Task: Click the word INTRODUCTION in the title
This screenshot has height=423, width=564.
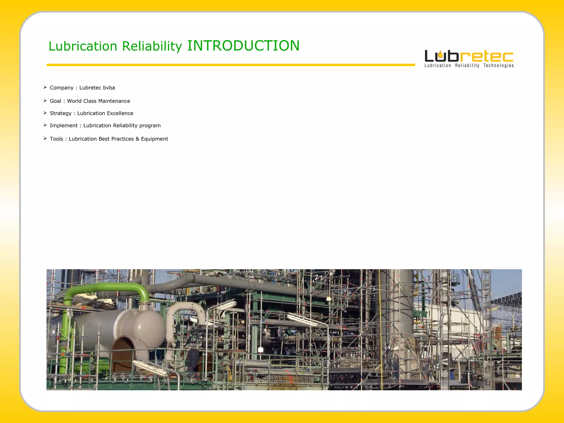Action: click(x=243, y=46)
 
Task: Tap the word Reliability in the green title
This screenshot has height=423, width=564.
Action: click(x=152, y=46)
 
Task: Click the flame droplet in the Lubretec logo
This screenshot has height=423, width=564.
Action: click(x=441, y=55)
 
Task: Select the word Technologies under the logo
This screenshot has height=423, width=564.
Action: click(x=498, y=66)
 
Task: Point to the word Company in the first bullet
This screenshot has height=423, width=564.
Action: click(x=61, y=88)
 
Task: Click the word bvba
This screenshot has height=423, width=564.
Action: click(x=109, y=88)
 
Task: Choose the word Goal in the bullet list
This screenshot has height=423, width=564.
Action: click(x=55, y=101)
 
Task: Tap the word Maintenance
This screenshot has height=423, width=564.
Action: click(x=114, y=101)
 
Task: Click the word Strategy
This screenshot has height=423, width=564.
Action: click(x=61, y=113)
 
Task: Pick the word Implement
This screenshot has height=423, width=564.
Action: click(x=64, y=126)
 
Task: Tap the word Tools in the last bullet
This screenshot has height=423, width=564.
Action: click(x=56, y=139)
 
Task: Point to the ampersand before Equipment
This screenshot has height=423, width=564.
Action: click(x=137, y=139)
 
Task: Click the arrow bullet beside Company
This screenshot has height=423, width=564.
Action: click(x=45, y=87)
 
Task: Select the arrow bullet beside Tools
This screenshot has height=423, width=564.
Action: click(x=45, y=139)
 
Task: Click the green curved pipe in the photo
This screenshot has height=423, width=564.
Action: click(x=110, y=288)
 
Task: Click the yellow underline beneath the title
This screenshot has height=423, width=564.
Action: click(x=231, y=65)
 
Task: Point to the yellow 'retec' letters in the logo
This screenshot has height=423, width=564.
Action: click(x=486, y=56)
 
